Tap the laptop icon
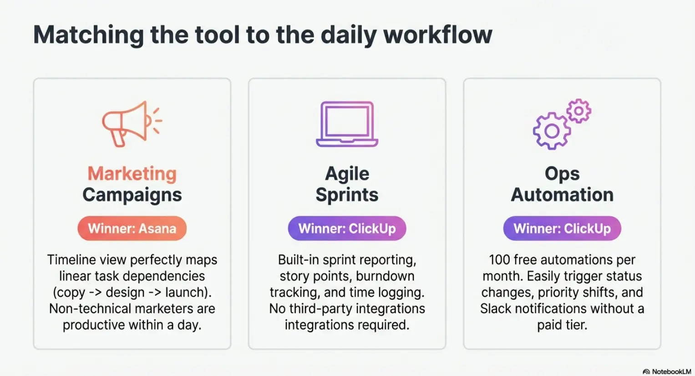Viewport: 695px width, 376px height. [x=347, y=124]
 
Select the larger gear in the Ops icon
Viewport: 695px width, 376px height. [x=552, y=131]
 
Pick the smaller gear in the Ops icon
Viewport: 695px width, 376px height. [x=578, y=111]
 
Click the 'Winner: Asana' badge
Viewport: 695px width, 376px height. [x=132, y=228]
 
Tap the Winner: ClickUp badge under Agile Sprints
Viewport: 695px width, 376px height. [x=347, y=228]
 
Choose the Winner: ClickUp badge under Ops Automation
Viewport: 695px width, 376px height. [x=562, y=228]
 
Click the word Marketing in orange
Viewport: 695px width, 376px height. [x=132, y=174]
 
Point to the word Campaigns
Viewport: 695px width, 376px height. [x=132, y=195]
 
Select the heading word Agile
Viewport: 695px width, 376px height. [x=347, y=174]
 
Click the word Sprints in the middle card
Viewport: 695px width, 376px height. [x=347, y=195]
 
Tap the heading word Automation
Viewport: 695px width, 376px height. [x=562, y=195]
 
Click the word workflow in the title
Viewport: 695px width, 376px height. [x=438, y=35]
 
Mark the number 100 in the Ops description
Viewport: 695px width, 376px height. [x=500, y=260]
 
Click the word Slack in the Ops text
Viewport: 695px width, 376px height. [x=496, y=309]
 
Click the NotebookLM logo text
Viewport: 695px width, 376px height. [x=671, y=371]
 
